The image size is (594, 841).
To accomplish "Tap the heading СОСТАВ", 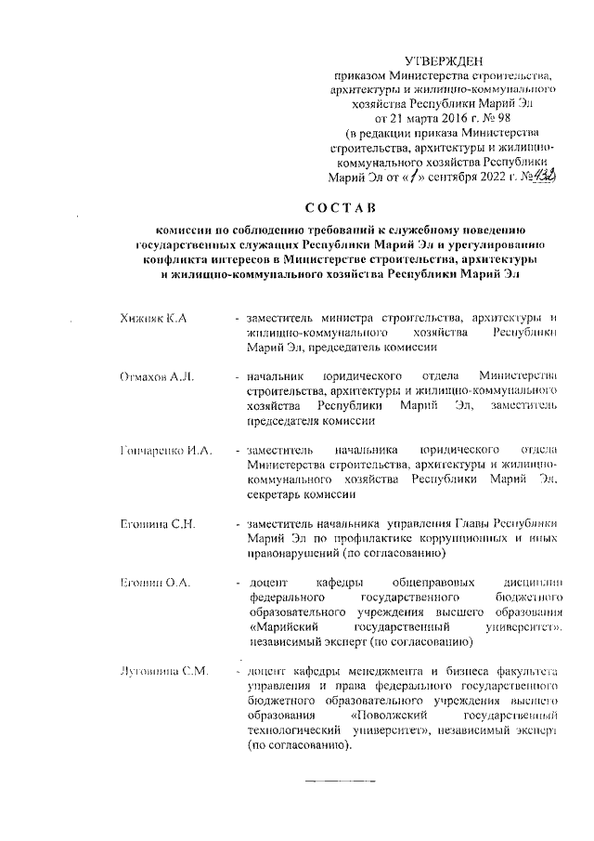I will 342,205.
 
